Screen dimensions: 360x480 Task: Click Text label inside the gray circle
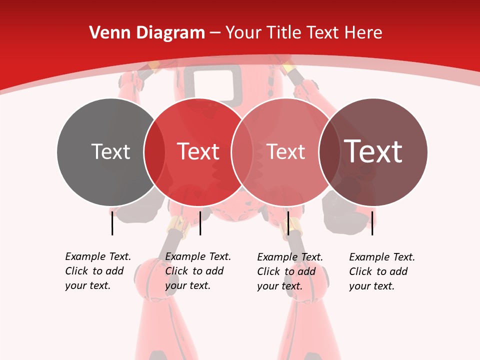click(110, 151)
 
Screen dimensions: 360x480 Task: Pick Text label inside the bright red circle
click(198, 151)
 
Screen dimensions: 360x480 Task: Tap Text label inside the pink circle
click(285, 151)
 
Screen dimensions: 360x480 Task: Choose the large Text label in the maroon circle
click(373, 151)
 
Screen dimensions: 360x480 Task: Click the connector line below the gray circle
click(112, 223)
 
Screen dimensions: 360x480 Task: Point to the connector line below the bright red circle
click(200, 223)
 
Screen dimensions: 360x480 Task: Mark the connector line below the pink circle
click(288, 223)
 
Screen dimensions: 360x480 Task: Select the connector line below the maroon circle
click(372, 223)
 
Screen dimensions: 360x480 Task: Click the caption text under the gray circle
click(97, 271)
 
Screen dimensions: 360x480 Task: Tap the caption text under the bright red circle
click(197, 271)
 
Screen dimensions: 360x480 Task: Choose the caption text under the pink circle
click(289, 271)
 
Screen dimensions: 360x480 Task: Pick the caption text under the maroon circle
click(381, 271)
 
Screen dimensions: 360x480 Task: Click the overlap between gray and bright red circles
click(154, 151)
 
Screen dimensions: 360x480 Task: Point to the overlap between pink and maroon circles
click(329, 151)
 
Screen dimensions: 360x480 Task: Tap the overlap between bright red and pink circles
click(241, 151)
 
